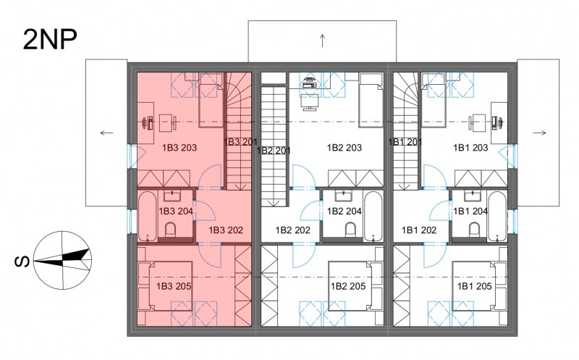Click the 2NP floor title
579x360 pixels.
tap(50, 40)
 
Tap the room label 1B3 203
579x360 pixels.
tap(179, 148)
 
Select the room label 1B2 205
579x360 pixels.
tap(348, 286)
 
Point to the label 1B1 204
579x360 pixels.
tap(470, 211)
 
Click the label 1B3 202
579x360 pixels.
tap(226, 230)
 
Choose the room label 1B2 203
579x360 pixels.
tap(345, 148)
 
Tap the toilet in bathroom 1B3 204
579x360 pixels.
tap(170, 230)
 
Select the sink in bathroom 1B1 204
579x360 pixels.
tap(473, 196)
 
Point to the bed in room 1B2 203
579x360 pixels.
tap(371, 100)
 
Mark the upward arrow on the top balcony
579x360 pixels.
tap(322, 41)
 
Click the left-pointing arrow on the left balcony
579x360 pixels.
tap(106, 133)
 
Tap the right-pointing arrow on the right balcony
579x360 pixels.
tap(539, 133)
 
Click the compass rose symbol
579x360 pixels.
tap(63, 260)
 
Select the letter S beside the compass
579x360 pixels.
tap(22, 261)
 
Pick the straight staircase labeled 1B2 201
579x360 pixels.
tap(274, 146)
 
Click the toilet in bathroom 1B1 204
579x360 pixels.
tap(475, 230)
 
